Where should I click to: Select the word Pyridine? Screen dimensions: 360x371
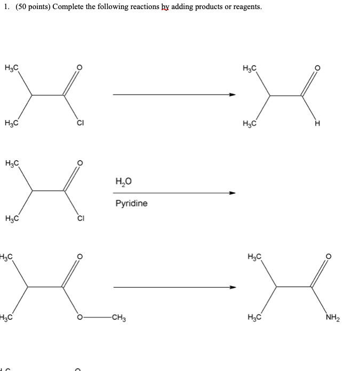(131, 203)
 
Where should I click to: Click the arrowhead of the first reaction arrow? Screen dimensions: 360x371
(232, 95)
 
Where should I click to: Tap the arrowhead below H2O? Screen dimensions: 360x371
(232, 193)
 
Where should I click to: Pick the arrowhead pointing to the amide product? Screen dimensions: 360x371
(232, 288)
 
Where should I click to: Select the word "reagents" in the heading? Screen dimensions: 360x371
(246, 7)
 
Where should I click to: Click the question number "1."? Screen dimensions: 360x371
(7, 7)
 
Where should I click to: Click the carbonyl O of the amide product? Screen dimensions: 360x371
(329, 257)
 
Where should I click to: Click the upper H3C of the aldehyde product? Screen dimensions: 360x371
(249, 68)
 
